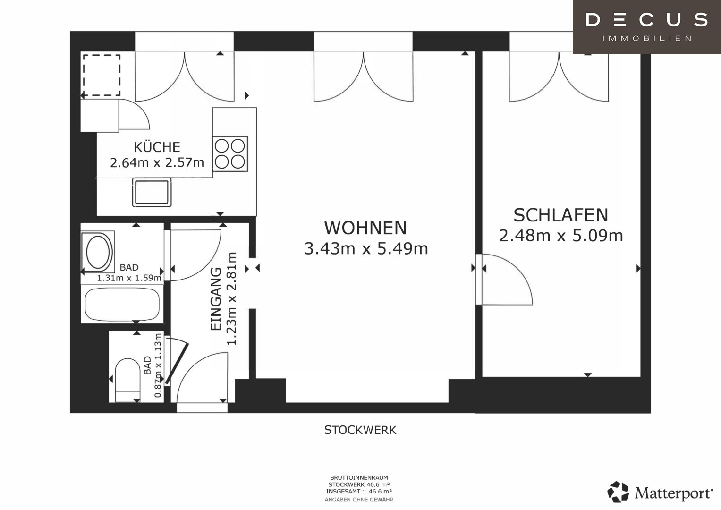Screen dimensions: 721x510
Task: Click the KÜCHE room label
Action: [x=157, y=147]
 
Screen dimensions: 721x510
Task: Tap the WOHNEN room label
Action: [x=365, y=228]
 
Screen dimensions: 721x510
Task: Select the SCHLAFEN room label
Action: [x=561, y=215]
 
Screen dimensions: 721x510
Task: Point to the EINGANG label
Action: [x=216, y=299]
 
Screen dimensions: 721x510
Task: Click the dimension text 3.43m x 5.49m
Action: [x=366, y=248]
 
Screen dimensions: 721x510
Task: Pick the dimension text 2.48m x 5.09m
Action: [x=561, y=236]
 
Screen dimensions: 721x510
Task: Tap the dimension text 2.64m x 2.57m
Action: [x=157, y=162]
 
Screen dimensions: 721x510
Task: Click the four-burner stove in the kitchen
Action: [x=230, y=154]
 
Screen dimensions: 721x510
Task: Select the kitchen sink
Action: [x=152, y=193]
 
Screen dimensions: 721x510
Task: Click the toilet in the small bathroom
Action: [x=127, y=380]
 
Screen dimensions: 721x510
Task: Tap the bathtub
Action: [x=122, y=304]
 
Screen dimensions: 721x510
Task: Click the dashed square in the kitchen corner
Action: [x=102, y=76]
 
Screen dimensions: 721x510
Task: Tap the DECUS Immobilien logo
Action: [x=647, y=27]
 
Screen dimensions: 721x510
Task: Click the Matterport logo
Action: [x=660, y=492]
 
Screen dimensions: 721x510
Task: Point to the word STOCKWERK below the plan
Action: [x=360, y=430]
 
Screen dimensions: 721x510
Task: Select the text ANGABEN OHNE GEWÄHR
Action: [x=359, y=500]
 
